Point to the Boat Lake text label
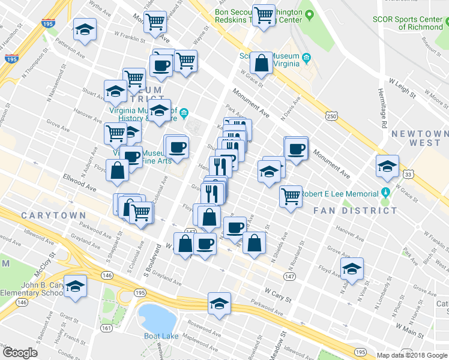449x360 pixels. pos(161,336)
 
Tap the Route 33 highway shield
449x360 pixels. pos(408,175)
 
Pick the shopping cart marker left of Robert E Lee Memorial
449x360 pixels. pos(291,196)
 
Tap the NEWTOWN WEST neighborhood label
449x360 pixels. pos(420,138)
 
